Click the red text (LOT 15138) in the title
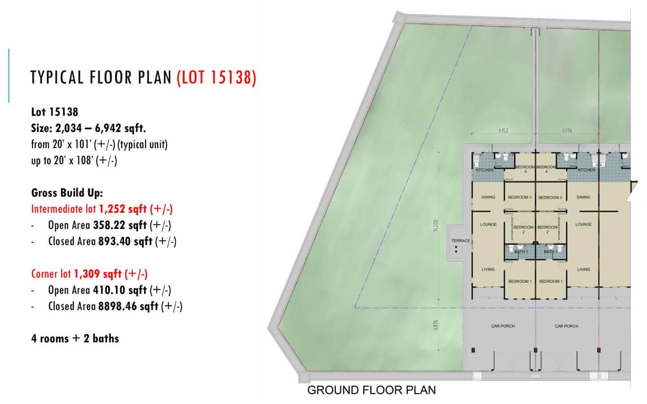tap(217, 78)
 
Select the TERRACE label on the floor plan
tap(461, 241)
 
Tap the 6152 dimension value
tap(503, 131)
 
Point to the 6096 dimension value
tap(567, 131)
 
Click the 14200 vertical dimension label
tap(436, 226)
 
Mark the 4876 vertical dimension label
tap(436, 325)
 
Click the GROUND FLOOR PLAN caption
tap(372, 390)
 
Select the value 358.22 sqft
tap(120, 225)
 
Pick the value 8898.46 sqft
tap(128, 306)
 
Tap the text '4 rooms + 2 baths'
tap(75, 338)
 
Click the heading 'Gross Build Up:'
tap(67, 193)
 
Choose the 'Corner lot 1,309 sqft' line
tap(89, 274)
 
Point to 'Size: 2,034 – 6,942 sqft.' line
tap(89, 128)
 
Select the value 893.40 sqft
tap(125, 241)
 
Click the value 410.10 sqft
tap(120, 290)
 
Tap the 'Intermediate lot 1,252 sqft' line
tap(102, 209)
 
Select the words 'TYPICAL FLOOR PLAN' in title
tap(101, 78)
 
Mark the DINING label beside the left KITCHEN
tap(488, 197)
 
